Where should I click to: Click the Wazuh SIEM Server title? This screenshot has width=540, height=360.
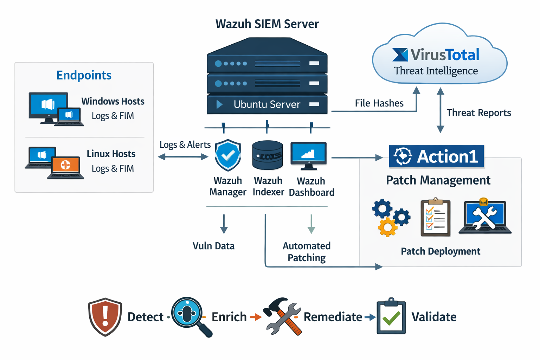coord(267,24)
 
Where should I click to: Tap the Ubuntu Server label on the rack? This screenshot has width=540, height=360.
coord(267,104)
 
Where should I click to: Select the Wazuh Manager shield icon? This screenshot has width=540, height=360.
coord(228,155)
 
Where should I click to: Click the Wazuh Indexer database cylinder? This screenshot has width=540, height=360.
coord(268,155)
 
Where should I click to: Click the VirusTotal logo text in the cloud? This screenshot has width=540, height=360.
coord(436,55)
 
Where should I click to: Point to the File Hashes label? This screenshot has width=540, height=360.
coord(379,103)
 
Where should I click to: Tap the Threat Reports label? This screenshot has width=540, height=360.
coord(478,113)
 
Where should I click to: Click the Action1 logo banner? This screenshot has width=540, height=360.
coord(436,156)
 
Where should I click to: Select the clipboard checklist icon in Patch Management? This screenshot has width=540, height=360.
coord(436,217)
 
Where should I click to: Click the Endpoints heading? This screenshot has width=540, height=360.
coord(84,75)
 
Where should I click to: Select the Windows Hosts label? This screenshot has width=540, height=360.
coord(113,101)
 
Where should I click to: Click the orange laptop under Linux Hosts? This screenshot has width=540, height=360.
coord(66,167)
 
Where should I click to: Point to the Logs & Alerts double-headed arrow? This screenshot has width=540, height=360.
coord(183,157)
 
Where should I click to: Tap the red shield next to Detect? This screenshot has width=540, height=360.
coord(105,317)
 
